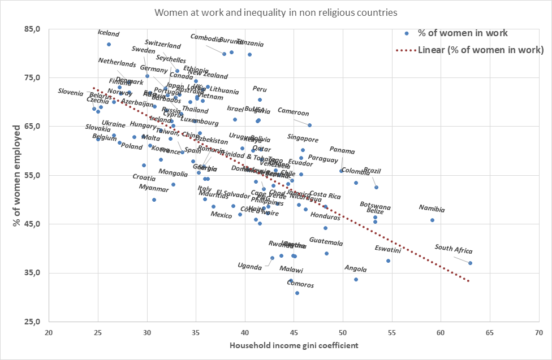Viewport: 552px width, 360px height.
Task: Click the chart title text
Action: [275, 12]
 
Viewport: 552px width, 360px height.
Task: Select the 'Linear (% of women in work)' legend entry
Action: [481, 50]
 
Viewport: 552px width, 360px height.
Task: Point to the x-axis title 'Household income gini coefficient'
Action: [294, 345]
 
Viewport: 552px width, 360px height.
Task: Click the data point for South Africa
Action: [470, 263]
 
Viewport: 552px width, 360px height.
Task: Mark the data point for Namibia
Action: [432, 220]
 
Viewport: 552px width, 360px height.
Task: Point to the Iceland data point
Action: [109, 44]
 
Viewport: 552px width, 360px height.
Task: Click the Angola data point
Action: [356, 279]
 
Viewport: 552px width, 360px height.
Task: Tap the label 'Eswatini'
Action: [388, 249]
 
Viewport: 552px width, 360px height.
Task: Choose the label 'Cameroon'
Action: [293, 112]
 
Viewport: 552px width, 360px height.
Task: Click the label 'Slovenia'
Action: [71, 92]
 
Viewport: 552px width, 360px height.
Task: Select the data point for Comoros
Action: [297, 293]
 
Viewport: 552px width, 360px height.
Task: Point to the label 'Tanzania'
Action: [249, 42]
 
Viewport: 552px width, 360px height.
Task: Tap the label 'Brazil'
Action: [372, 170]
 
